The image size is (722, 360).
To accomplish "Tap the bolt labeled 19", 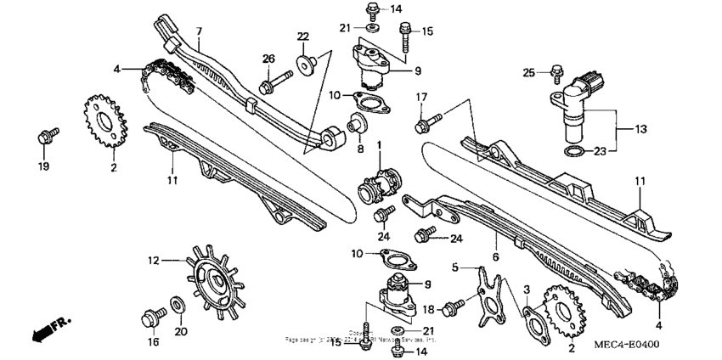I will pos(46,136).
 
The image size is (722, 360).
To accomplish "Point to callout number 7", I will pos(198,32).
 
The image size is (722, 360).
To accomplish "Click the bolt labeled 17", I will pos(423,127).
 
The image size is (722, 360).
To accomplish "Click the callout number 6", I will pos(495,256).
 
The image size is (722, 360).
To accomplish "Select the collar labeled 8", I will pos(356,127).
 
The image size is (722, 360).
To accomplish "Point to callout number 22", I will pos(304,36).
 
